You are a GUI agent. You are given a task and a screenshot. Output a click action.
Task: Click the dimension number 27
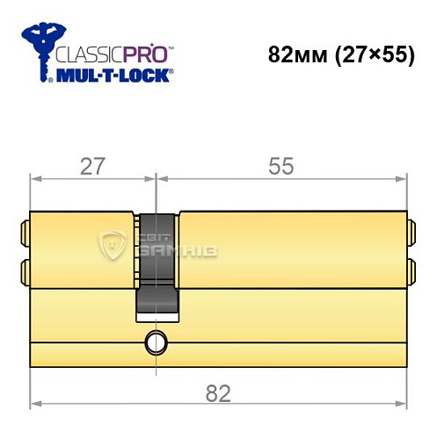(86, 165)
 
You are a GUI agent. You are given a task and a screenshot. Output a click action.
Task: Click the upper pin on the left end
(25, 234)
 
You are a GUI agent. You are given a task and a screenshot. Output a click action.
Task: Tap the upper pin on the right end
(411, 234)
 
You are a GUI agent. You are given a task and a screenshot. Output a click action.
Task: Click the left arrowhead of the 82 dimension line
(35, 407)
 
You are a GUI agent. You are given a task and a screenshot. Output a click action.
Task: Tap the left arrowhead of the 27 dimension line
(35, 179)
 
